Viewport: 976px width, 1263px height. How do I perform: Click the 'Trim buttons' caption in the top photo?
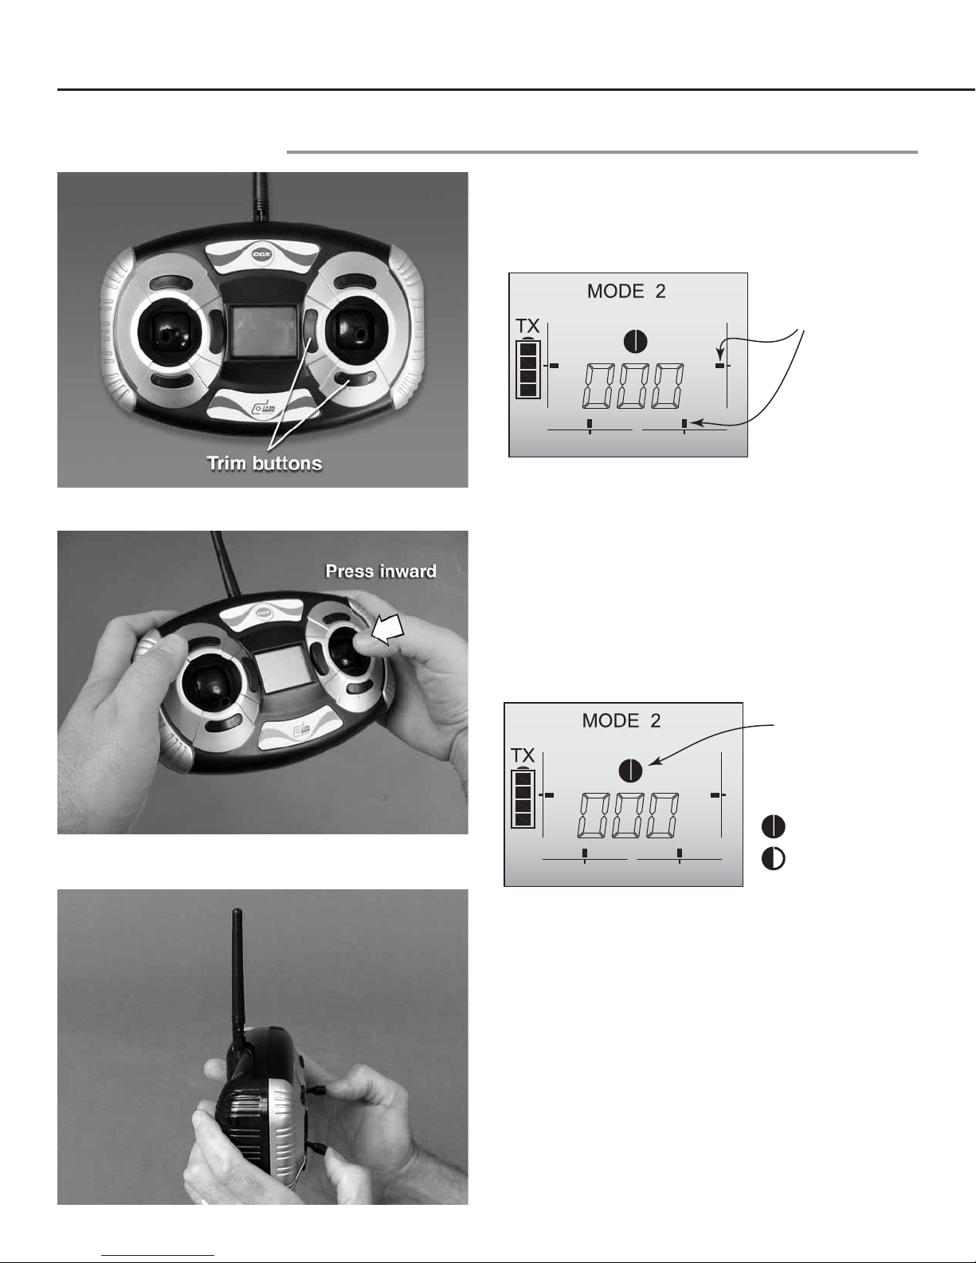click(x=265, y=463)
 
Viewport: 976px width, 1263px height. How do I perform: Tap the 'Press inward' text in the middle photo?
click(x=381, y=571)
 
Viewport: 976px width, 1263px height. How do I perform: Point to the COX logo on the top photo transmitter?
click(x=264, y=254)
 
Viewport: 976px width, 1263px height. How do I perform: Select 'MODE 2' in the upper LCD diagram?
click(x=626, y=291)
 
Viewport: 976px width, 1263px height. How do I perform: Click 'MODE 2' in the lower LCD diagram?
click(x=621, y=720)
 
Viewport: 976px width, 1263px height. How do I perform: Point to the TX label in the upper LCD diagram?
click(x=527, y=326)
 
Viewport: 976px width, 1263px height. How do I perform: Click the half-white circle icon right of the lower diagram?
click(x=774, y=858)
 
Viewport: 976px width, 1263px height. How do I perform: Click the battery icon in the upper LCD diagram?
click(x=528, y=368)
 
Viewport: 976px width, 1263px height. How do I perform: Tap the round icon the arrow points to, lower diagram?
click(x=630, y=770)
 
